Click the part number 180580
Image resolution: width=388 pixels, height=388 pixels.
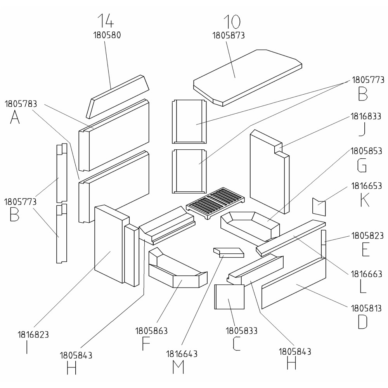coord(107,35)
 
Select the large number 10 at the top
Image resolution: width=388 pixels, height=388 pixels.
coord(232,21)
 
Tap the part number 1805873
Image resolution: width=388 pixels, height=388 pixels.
coord(229,35)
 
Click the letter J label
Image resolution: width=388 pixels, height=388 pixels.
coord(362,130)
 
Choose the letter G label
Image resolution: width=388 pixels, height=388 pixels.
coord(362,166)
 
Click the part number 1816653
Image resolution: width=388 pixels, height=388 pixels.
coord(367,186)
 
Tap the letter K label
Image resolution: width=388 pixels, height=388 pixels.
coord(364,201)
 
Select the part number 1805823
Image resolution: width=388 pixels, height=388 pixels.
coord(367,236)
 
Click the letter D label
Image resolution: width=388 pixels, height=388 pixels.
coord(362,322)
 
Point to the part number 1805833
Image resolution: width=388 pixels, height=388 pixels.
coord(242,331)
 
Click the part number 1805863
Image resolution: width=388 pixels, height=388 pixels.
coord(151,331)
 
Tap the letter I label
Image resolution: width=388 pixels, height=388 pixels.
coord(27,348)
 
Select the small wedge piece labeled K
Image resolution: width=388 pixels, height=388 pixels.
coord(319,206)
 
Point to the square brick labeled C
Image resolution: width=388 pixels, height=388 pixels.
coord(229,297)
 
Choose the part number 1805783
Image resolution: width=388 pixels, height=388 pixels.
coord(21,104)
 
